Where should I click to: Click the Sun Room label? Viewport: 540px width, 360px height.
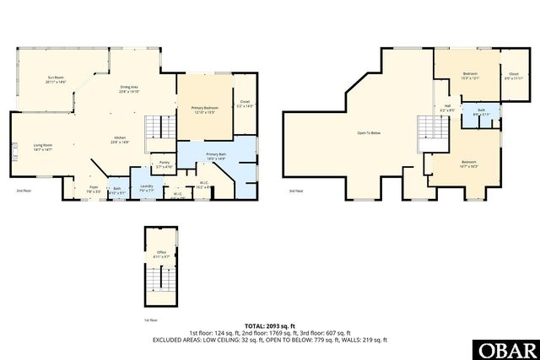pyautogui.click(x=56, y=79)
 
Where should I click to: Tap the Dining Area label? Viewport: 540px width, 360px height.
pyautogui.click(x=128, y=89)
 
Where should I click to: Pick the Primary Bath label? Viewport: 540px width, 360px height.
pyautogui.click(x=215, y=156)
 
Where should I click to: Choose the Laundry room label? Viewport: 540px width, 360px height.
pyautogui.click(x=146, y=188)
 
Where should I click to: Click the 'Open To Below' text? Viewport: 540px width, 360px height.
pyautogui.click(x=369, y=132)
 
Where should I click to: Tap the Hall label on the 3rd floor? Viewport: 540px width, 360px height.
pyautogui.click(x=447, y=108)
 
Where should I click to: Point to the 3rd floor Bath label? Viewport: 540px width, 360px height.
pyautogui.click(x=480, y=112)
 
